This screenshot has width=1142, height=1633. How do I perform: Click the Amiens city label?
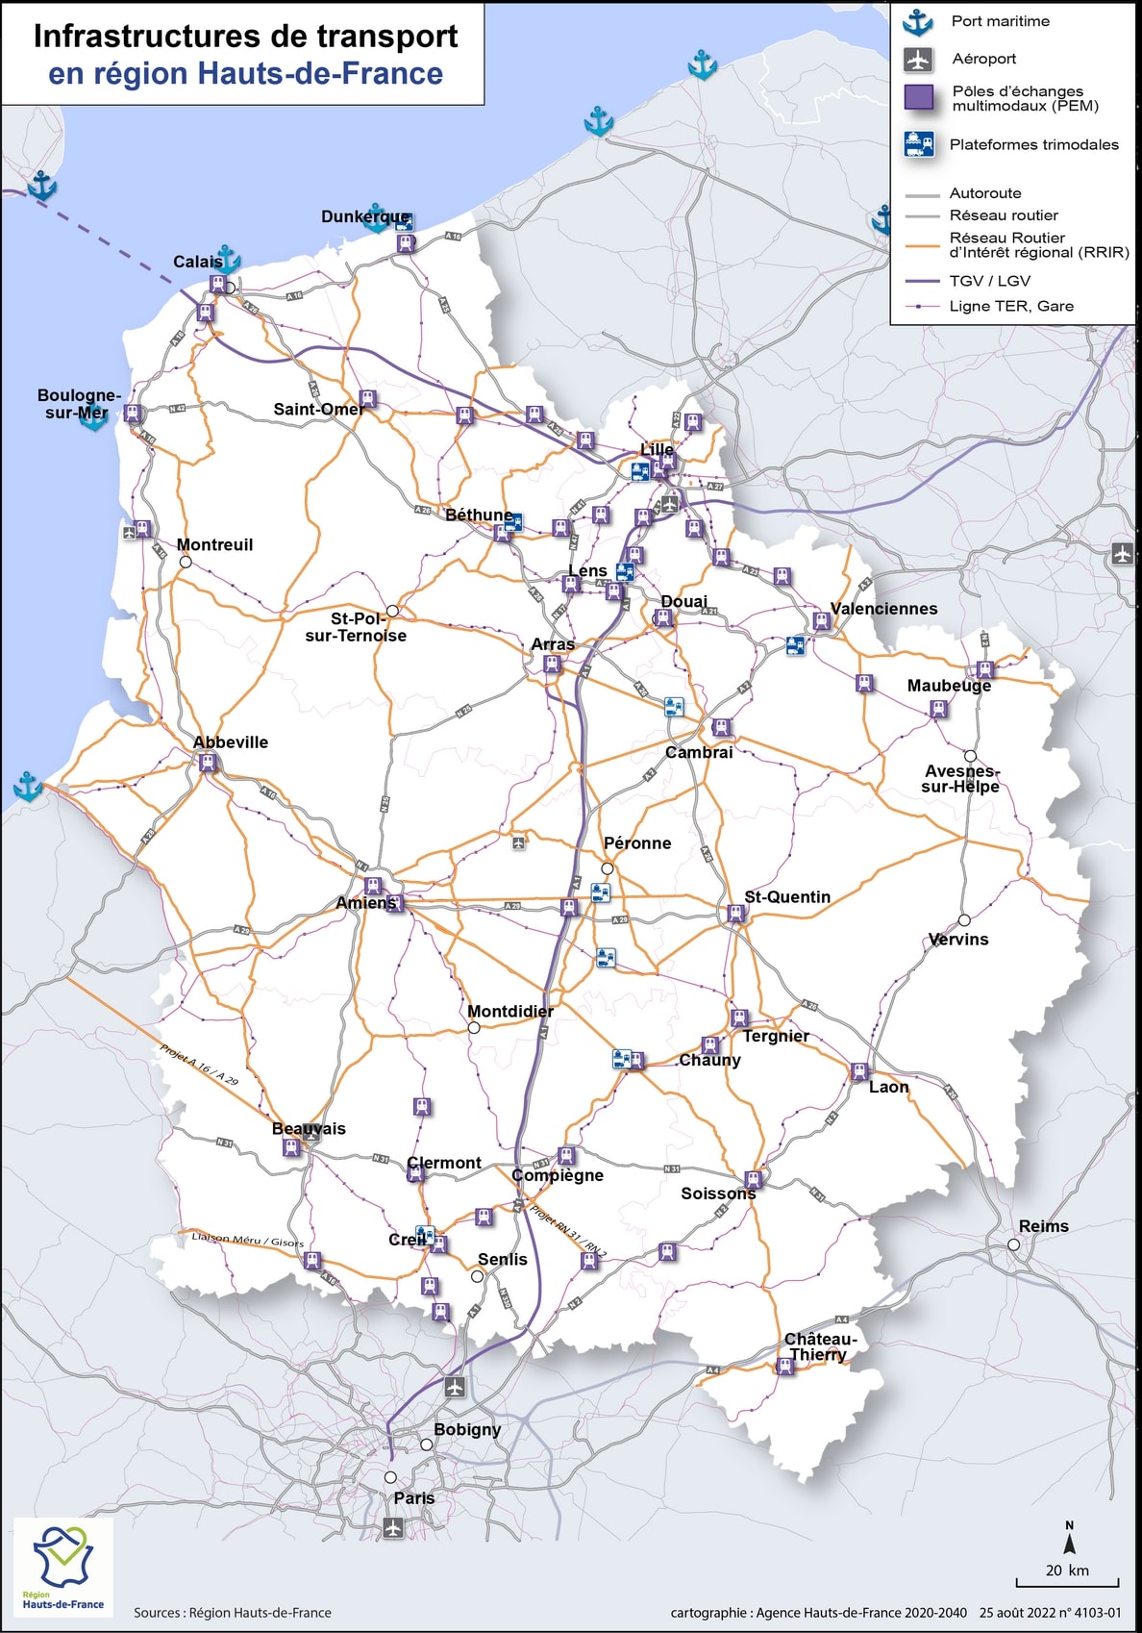point(365,903)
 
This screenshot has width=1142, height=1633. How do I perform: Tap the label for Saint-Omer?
point(318,410)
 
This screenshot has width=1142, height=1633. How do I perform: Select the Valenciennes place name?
point(883,609)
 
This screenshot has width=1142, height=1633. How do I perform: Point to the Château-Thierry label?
point(819,1346)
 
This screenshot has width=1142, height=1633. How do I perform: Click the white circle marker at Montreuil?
point(186,562)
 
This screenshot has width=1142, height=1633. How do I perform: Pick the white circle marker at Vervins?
point(964,920)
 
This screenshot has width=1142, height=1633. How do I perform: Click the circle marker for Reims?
point(1013,1244)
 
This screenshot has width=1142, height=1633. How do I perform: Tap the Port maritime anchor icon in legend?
point(919,22)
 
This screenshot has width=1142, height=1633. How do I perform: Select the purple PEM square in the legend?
point(919,97)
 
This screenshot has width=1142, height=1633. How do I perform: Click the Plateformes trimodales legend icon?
point(919,144)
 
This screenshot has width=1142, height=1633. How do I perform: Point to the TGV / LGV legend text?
point(989,281)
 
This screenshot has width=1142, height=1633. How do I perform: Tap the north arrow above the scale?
point(1069,1541)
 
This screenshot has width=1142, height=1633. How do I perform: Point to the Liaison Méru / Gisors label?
point(247,1240)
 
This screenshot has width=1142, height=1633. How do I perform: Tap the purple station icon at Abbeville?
point(207,763)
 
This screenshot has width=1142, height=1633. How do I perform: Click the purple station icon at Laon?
point(859,1071)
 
